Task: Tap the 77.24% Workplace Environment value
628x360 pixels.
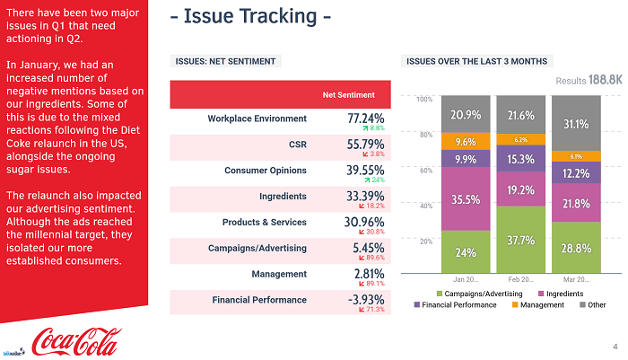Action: coord(365,118)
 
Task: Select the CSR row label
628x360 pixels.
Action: coord(297,144)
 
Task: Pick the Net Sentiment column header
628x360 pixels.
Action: coord(349,94)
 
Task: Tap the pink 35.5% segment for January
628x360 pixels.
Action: coord(466,200)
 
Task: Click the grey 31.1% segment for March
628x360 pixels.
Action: coord(576,124)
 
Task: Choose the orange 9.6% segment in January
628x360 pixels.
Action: coord(466,142)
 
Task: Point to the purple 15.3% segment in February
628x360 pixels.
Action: coord(520,159)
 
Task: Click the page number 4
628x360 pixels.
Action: coord(615,345)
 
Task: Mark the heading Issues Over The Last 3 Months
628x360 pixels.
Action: coord(476,61)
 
